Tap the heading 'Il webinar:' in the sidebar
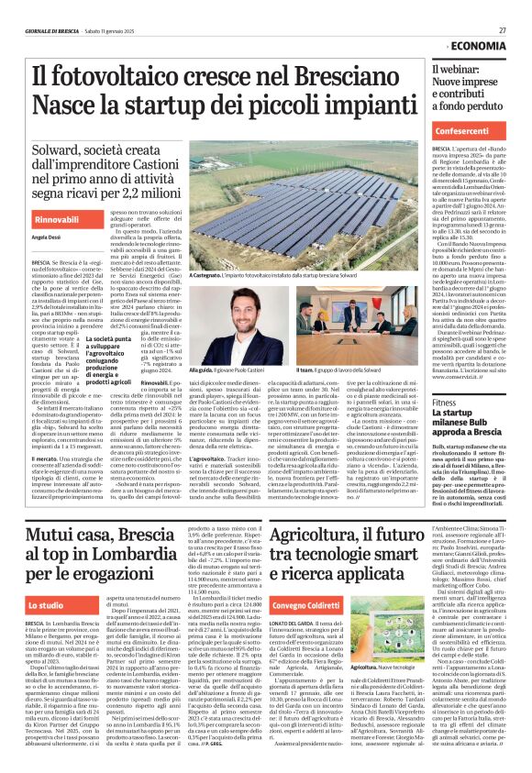[456, 70]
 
